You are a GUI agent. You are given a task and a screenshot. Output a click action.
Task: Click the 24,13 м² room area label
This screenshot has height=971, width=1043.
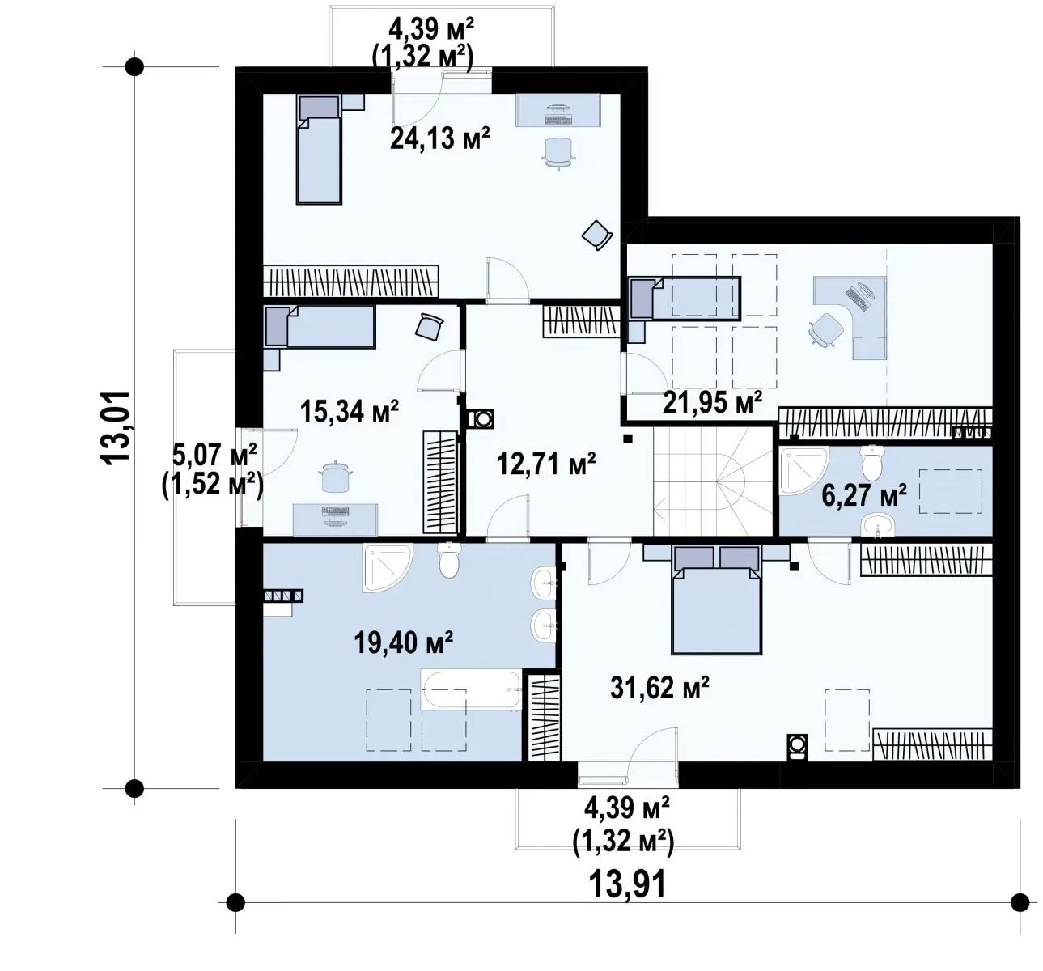point(440,138)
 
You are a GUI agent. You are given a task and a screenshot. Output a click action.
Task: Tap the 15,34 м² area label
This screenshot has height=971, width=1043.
point(350,411)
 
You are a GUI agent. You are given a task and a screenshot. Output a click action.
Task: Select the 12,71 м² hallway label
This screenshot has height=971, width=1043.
point(546,464)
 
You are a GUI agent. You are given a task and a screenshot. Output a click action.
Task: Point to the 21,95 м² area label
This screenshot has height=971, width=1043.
point(712,402)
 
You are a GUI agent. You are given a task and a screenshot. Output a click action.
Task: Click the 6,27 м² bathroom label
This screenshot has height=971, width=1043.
point(864,495)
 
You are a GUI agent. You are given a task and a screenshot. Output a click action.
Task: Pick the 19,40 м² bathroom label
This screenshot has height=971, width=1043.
point(403,642)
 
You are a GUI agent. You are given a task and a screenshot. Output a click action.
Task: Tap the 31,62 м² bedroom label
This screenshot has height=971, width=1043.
point(659,687)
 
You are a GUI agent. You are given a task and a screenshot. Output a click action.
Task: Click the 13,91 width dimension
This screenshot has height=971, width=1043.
point(627,884)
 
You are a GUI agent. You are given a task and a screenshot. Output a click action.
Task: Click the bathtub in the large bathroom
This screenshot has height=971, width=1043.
point(471,690)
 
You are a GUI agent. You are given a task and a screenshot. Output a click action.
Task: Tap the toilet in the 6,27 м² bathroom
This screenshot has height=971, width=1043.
point(871,463)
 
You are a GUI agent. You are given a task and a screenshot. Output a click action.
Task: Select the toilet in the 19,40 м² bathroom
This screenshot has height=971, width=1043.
point(449,561)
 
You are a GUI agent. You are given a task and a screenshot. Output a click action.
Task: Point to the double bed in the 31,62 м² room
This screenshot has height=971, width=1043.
point(716,600)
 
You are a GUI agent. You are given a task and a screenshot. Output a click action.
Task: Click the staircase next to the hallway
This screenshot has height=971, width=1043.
point(713,481)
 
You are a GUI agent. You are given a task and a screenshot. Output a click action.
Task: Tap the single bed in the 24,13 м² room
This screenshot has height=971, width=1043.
point(319,149)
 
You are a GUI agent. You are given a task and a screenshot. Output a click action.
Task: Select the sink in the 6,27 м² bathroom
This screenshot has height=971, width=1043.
point(878,526)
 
